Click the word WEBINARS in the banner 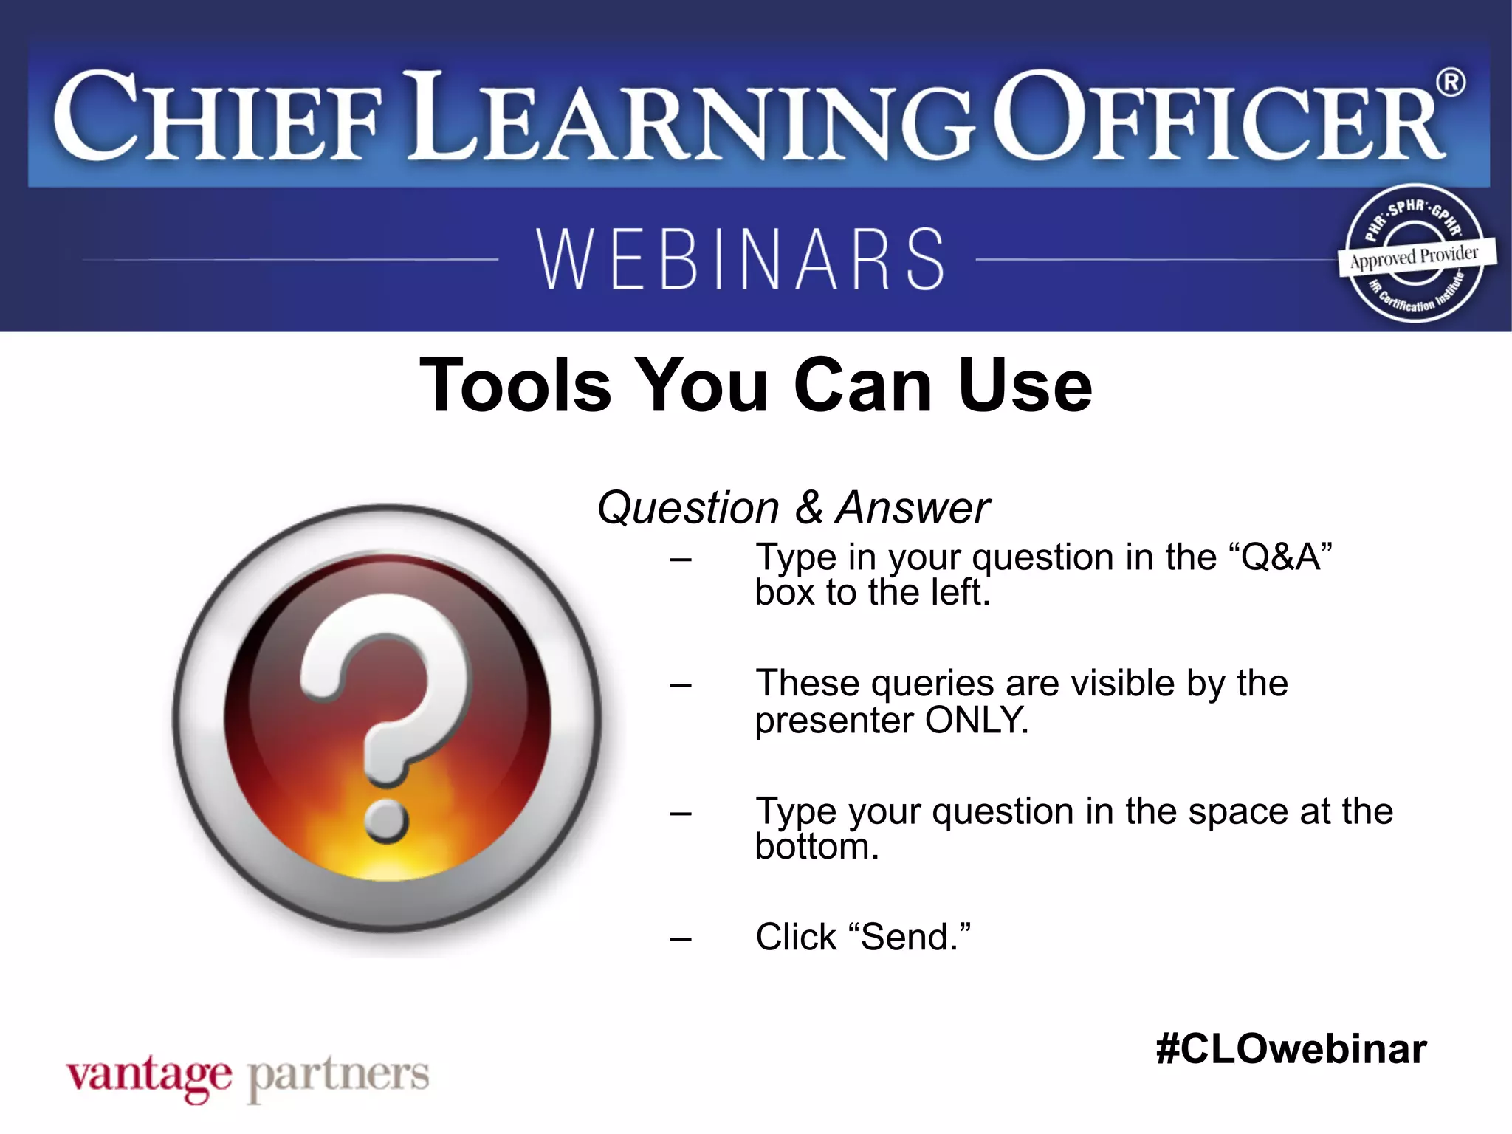[x=740, y=259]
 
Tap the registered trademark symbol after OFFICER [x=1451, y=83]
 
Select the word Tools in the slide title [x=515, y=385]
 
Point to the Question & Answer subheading [x=793, y=508]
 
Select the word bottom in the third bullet [x=816, y=847]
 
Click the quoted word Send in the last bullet [x=915, y=937]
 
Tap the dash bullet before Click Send [x=681, y=939]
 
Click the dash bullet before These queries [x=681, y=685]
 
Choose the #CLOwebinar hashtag [x=1291, y=1049]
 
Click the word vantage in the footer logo [x=148, y=1076]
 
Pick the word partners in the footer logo [x=338, y=1076]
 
